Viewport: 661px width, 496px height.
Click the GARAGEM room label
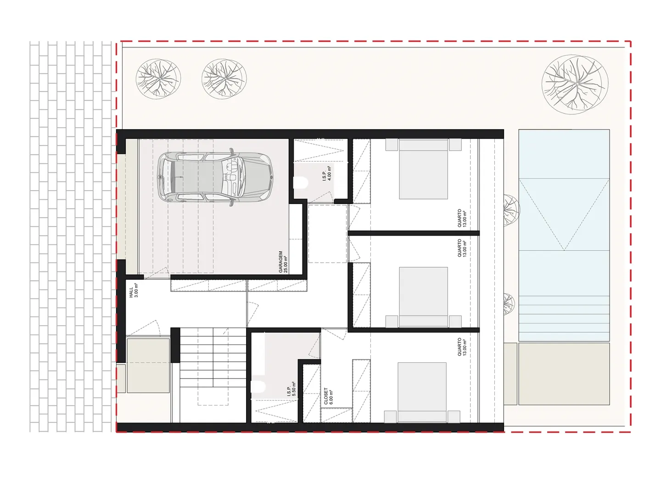(280, 262)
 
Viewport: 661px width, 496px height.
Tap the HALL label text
(131, 292)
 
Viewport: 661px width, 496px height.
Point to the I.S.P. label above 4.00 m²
(324, 176)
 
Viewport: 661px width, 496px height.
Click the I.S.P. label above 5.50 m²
(288, 391)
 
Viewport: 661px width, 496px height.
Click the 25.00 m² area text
(286, 265)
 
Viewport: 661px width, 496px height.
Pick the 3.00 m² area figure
(136, 290)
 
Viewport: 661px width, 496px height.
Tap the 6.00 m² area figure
(331, 397)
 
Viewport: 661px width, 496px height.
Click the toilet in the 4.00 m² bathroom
(300, 182)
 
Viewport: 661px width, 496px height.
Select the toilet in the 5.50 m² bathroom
(258, 387)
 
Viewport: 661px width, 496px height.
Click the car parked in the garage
(215, 177)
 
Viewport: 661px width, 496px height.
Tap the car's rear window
(174, 177)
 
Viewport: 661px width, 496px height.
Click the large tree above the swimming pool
(575, 85)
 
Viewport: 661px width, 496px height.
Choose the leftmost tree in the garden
(158, 79)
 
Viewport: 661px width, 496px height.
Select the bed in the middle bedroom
(423, 297)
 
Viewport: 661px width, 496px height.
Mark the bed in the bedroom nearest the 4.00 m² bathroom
(423, 169)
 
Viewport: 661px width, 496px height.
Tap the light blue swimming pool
(564, 235)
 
